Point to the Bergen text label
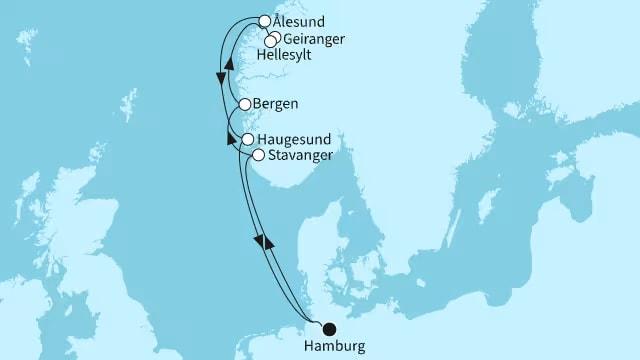(277, 103)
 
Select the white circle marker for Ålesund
(264, 20)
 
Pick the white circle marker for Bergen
(244, 103)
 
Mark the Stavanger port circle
(258, 155)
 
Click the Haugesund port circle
(247, 140)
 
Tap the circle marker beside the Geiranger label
(273, 37)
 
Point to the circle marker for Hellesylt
(268, 42)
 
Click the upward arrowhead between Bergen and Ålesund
(231, 63)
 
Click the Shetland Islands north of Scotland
(127, 104)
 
